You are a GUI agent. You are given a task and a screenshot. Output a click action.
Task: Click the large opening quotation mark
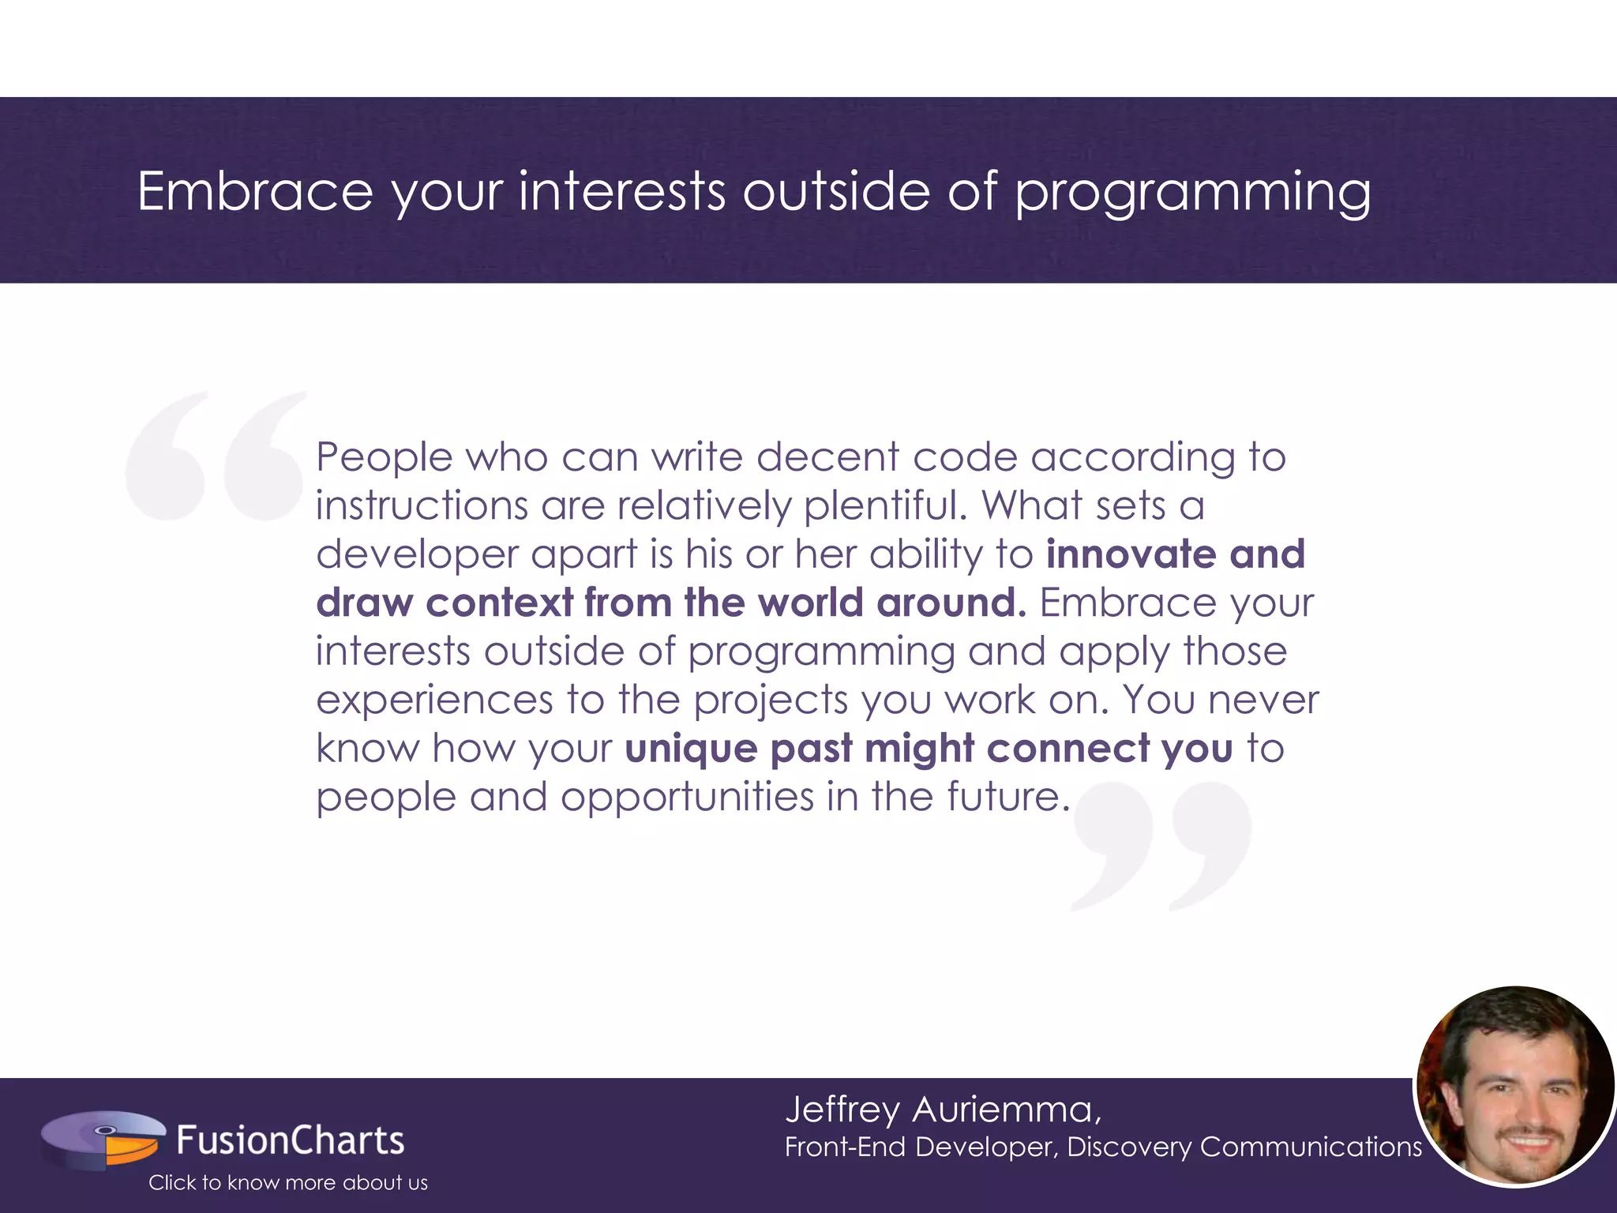click(215, 456)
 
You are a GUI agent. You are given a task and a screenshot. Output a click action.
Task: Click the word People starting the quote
click(385, 457)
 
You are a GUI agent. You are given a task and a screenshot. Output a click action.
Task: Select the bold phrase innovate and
click(1175, 554)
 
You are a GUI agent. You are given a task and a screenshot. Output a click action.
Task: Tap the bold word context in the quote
click(499, 603)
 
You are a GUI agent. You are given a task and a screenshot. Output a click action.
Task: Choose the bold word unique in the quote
click(691, 749)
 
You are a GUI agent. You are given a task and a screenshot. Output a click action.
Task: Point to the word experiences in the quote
click(434, 700)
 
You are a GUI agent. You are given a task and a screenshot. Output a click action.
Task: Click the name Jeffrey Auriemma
click(942, 1110)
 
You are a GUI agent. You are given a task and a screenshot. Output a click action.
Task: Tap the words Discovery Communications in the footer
click(1244, 1147)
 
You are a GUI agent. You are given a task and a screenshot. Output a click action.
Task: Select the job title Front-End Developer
click(920, 1147)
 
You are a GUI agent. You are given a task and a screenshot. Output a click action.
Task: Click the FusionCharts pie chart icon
click(103, 1140)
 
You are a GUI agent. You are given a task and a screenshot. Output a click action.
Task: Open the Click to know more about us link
click(287, 1182)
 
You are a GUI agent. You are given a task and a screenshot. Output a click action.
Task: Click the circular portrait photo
click(1514, 1086)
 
